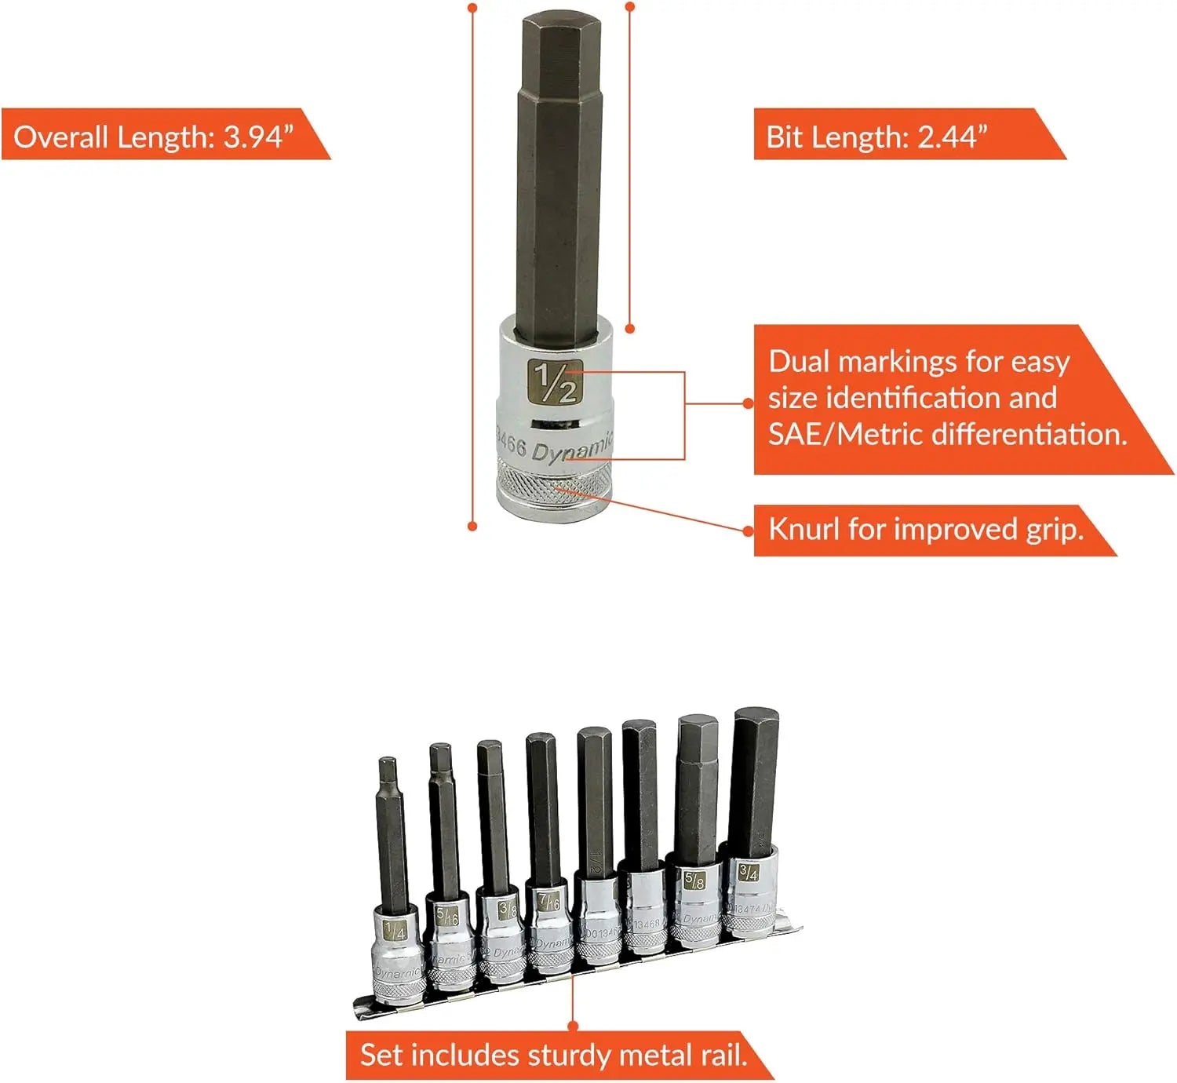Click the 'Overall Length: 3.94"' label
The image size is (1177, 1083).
pyautogui.click(x=153, y=137)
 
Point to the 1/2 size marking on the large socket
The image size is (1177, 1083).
pyautogui.click(x=555, y=381)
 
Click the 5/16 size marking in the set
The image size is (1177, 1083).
pyautogui.click(x=446, y=915)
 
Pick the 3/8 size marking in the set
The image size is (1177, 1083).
pyautogui.click(x=508, y=909)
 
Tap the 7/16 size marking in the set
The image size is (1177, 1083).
pyautogui.click(x=548, y=900)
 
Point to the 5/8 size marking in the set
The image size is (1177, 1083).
pyautogui.click(x=694, y=880)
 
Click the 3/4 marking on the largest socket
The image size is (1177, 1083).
pyautogui.click(x=748, y=871)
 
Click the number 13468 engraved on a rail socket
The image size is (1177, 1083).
pyautogui.click(x=647, y=924)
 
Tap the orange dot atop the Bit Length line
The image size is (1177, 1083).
pyautogui.click(x=629, y=7)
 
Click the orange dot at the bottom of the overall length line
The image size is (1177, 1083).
pyautogui.click(x=472, y=526)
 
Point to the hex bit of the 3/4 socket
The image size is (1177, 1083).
pyautogui.click(x=755, y=781)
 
